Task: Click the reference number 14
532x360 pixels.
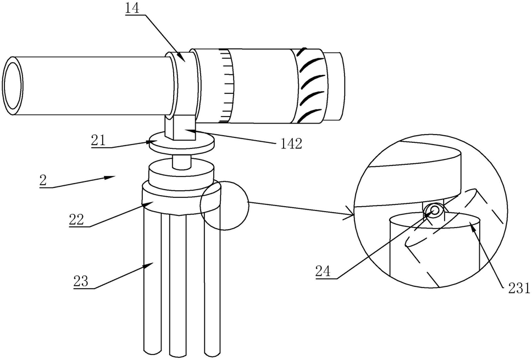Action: [132, 8]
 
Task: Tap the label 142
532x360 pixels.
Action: [291, 144]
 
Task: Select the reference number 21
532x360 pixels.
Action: [98, 140]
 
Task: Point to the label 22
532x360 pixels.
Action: [76, 219]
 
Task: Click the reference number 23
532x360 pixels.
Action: [81, 281]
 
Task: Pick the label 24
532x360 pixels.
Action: [323, 272]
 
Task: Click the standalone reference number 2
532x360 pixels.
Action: [43, 180]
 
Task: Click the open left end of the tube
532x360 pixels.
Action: [13, 86]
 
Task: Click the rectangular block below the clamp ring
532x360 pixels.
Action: [180, 128]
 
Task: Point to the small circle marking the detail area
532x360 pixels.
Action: [224, 205]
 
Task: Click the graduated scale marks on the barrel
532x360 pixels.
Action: [226, 86]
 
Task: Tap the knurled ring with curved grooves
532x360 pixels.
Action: [309, 86]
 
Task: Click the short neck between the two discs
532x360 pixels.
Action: [181, 162]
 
